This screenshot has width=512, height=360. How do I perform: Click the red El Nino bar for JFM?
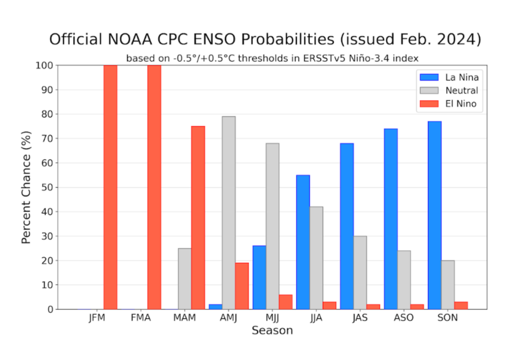[110, 187]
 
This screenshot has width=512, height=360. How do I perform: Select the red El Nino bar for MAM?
[198, 217]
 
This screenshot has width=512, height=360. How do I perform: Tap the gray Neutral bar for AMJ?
[228, 212]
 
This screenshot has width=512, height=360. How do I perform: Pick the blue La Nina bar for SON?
[434, 215]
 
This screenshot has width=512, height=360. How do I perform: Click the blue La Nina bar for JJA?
[303, 242]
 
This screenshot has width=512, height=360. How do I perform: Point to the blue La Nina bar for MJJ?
[259, 277]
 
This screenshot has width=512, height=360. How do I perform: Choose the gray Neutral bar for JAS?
[360, 272]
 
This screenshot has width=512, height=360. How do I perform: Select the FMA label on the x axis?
[140, 318]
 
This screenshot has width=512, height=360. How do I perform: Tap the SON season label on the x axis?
[448, 318]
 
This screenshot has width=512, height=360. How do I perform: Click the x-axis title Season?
[272, 330]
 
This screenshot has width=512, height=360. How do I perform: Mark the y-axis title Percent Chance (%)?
[27, 187]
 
